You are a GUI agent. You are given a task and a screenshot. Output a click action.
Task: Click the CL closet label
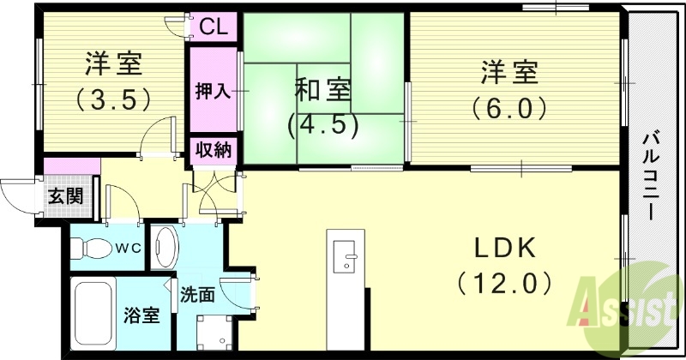point(214,27)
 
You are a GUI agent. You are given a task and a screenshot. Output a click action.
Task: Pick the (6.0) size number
point(508,108)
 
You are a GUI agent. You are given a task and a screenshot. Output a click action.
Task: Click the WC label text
point(128,249)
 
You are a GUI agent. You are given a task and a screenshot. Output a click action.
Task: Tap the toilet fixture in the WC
point(87,249)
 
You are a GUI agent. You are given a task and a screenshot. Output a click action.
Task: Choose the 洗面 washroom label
point(197,295)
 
